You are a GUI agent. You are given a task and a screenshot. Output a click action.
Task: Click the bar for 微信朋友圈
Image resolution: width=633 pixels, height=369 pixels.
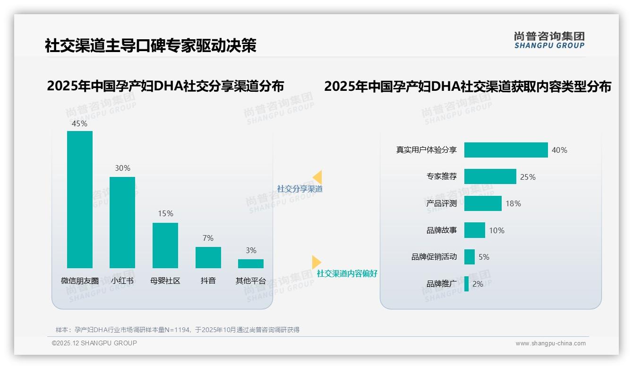coord(80,199)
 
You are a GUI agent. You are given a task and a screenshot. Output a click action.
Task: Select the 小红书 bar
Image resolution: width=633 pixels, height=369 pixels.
coord(122,222)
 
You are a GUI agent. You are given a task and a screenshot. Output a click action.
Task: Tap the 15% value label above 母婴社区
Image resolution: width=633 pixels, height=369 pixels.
coord(165,214)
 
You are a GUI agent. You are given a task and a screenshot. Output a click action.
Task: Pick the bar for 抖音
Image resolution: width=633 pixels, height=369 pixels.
coord(208,257)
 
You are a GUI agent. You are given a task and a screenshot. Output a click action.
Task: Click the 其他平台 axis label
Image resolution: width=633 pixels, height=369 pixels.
coord(251,281)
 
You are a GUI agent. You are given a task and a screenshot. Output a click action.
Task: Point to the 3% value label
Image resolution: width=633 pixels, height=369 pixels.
coord(251,250)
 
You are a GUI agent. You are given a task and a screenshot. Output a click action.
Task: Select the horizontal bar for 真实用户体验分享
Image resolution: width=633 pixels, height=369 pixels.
coord(505,150)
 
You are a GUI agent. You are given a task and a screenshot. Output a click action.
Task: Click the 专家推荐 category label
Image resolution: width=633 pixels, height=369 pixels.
coord(441,177)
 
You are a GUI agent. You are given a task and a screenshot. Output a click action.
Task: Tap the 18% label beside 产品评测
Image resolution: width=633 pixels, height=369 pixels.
coord(513,203)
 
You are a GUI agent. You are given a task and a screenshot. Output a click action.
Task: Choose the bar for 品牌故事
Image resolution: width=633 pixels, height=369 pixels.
coord(474,230)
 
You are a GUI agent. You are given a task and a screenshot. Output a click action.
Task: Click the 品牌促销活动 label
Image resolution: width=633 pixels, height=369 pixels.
coord(434,257)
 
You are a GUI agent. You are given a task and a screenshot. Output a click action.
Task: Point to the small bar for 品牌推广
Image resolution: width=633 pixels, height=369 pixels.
coord(466,284)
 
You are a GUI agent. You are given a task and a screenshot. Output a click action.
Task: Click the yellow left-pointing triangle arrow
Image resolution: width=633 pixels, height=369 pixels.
coord(317,177)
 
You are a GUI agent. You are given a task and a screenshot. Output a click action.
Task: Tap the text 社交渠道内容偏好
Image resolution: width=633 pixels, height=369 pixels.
coord(347,273)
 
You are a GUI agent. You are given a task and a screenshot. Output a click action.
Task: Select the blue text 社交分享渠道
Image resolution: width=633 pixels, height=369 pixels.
coord(299,189)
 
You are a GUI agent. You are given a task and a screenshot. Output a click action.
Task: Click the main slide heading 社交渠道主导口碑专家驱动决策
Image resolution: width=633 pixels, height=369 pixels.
coord(150,45)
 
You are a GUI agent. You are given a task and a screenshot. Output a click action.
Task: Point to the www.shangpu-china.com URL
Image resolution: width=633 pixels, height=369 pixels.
coord(550,343)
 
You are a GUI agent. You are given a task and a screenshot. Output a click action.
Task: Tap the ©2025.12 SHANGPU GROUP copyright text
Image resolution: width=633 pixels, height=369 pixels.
coord(94,343)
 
